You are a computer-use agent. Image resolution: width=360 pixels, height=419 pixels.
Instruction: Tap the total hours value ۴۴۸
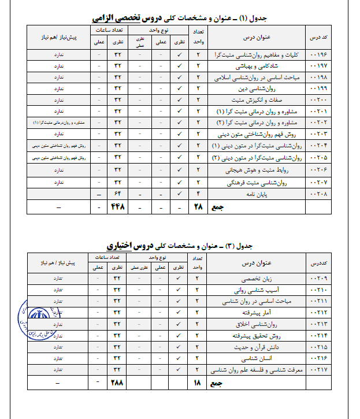pyautogui.click(x=117, y=206)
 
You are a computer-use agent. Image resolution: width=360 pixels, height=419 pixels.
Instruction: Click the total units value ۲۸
pyautogui.click(x=198, y=206)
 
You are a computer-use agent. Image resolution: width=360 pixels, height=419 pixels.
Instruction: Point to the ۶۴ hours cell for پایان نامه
pyautogui.click(x=117, y=194)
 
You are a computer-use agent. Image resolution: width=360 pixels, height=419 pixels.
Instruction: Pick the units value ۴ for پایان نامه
pyautogui.click(x=198, y=194)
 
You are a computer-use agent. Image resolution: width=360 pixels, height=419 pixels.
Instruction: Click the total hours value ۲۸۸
pyautogui.click(x=117, y=383)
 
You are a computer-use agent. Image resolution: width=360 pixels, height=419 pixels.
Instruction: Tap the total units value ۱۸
pyautogui.click(x=198, y=383)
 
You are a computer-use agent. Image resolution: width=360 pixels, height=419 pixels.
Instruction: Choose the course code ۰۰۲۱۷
pyautogui.click(x=320, y=369)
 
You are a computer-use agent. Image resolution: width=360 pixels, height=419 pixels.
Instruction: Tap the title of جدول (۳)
pyautogui.click(x=184, y=246)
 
